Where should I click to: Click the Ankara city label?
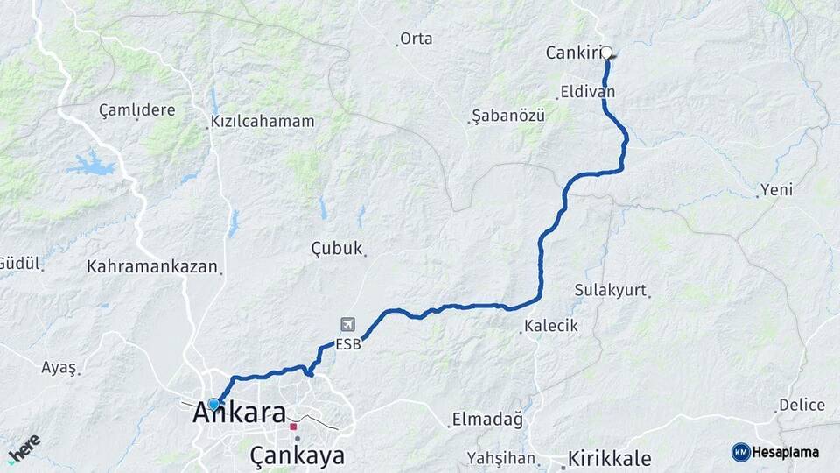(240, 411)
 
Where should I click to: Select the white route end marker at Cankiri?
(606, 53)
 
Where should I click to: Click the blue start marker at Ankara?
(213, 404)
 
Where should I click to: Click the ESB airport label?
(347, 345)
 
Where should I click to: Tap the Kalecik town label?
(551, 326)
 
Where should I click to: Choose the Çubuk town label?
(337, 250)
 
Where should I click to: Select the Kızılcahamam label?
(262, 122)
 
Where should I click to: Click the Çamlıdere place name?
(136, 110)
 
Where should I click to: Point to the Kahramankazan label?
(152, 266)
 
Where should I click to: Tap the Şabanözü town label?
(508, 116)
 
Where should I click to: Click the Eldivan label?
(588, 91)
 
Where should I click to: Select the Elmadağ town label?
(487, 420)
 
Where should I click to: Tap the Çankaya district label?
(297, 455)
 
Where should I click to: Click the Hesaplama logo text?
(775, 452)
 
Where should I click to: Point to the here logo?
(24, 448)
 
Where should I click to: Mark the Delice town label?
(801, 405)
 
